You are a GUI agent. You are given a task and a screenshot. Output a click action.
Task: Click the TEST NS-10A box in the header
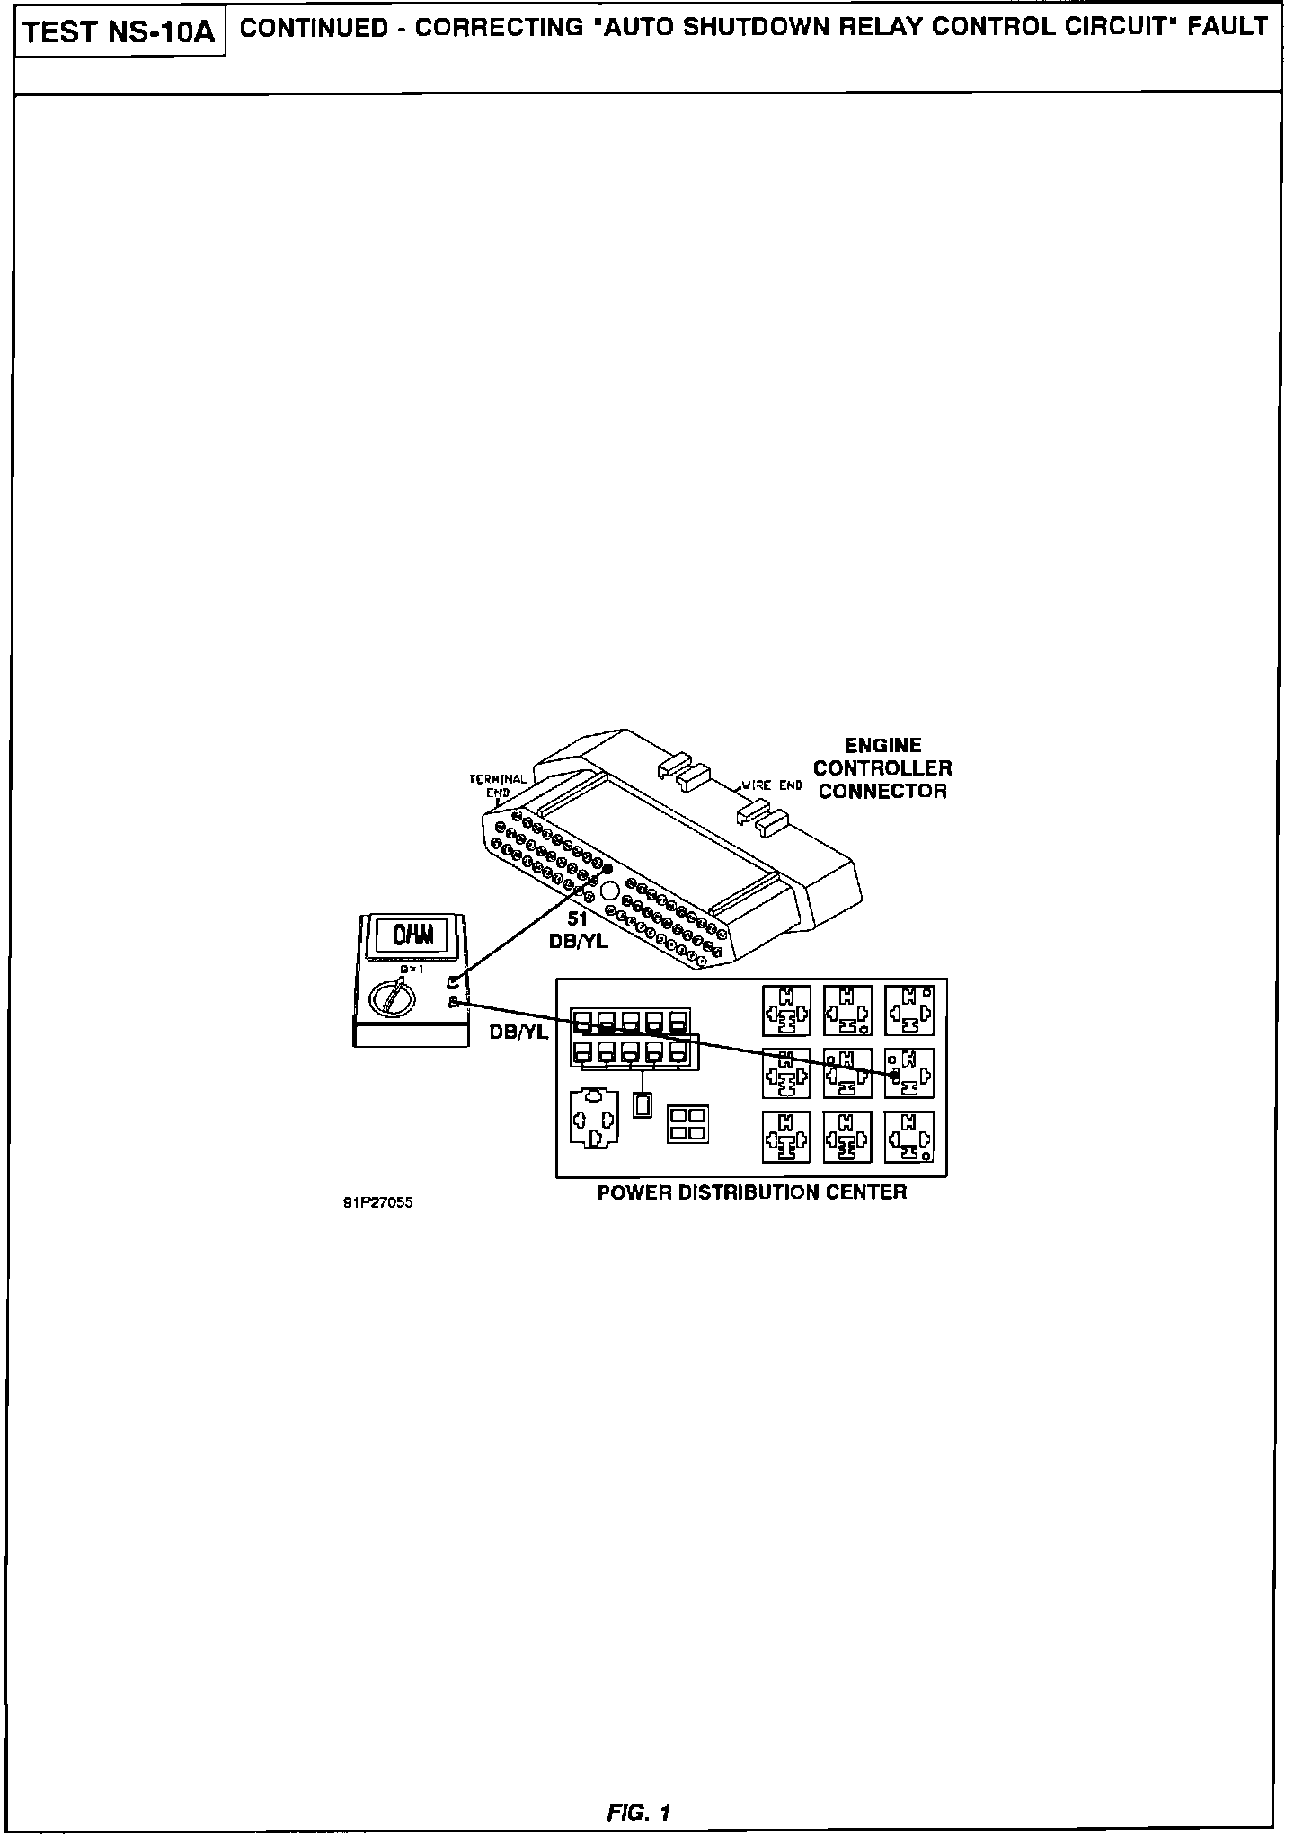tap(120, 33)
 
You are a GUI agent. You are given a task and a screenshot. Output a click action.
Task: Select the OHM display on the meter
tap(412, 935)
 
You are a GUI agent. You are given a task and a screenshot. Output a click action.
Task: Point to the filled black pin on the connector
tap(608, 869)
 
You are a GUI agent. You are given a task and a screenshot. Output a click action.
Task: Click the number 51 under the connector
tap(577, 919)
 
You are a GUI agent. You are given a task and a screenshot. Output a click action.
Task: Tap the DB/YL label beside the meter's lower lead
tap(518, 1033)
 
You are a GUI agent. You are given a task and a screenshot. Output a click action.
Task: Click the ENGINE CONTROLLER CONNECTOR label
tap(882, 768)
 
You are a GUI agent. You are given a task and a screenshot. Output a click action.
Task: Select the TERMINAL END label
tap(498, 785)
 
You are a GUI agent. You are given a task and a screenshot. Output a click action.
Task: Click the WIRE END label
tap(771, 785)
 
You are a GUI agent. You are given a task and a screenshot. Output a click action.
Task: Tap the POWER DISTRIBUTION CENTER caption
tap(752, 1192)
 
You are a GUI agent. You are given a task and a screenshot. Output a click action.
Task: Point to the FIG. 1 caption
tap(639, 1813)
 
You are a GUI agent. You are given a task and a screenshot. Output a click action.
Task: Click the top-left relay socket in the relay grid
tap(785, 1010)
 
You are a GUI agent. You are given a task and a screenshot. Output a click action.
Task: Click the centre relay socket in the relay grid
tap(847, 1073)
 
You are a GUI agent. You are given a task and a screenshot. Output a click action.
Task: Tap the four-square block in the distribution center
tap(687, 1124)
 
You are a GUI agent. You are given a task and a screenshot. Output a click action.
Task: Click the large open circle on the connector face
tap(609, 891)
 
